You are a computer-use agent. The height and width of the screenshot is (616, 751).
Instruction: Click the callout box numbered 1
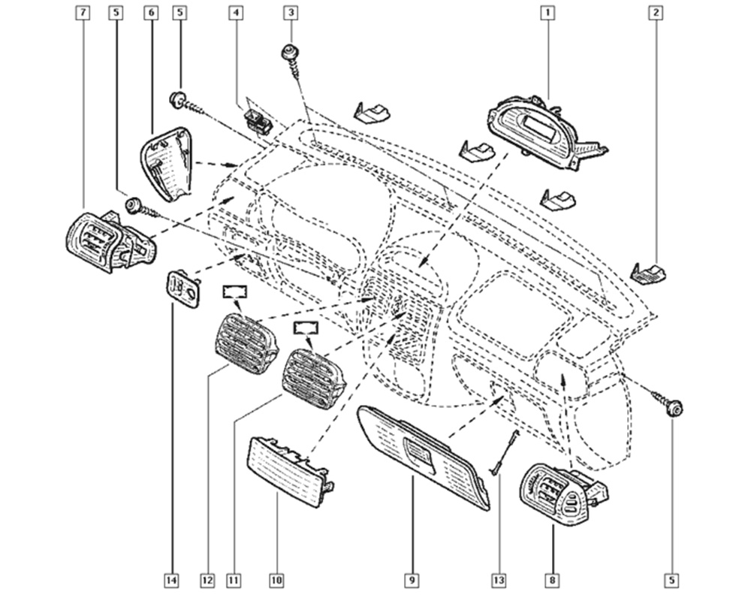(x=547, y=13)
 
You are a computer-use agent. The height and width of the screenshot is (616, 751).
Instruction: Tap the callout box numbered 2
(x=656, y=13)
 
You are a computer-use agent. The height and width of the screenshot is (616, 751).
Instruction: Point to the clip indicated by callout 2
(x=650, y=273)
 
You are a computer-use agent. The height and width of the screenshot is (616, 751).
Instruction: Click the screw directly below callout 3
(x=288, y=54)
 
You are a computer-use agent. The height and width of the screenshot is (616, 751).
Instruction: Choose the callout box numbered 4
(x=236, y=13)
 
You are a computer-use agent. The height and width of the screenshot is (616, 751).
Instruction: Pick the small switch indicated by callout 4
(x=257, y=119)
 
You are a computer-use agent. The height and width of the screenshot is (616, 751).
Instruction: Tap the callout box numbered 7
(x=83, y=13)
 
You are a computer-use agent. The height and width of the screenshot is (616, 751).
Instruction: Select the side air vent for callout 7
(x=105, y=240)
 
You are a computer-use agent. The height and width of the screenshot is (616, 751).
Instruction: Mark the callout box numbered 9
(x=412, y=581)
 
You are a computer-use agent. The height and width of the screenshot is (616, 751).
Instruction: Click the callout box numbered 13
(x=499, y=581)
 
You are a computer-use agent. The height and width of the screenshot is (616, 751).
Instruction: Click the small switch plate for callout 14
(x=182, y=288)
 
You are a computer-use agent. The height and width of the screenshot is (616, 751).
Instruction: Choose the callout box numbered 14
(x=173, y=581)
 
